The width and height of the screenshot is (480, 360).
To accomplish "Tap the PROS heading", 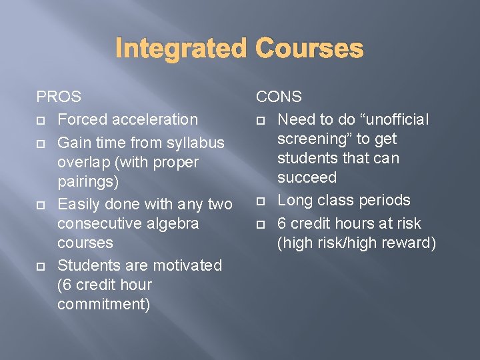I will tap(59, 97).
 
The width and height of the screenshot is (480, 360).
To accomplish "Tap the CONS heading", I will tap(279, 97).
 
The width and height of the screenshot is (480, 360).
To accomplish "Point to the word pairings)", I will tap(88, 181).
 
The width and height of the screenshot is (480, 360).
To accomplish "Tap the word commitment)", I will tap(104, 305).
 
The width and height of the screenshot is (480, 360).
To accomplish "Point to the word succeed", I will tap(307, 177).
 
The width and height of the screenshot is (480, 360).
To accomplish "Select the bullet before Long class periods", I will tap(261, 201).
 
